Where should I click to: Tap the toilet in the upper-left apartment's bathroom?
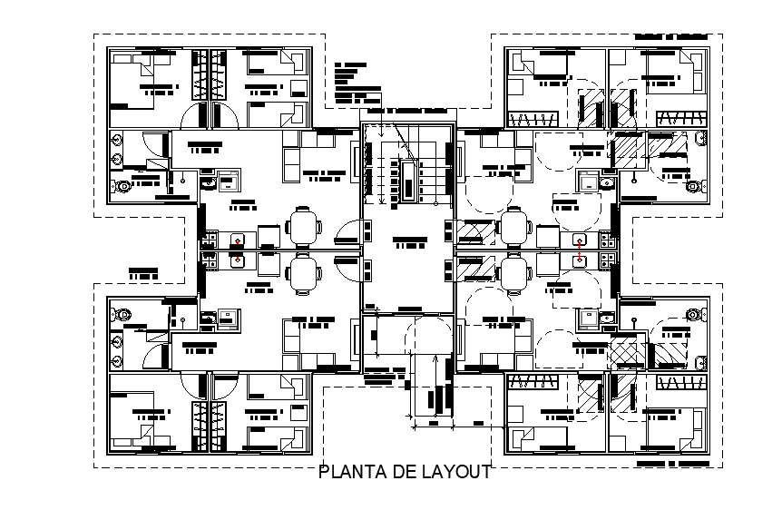pos(124,186)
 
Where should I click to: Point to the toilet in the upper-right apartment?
pos(694,186)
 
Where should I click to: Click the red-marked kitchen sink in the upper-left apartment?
pos(238,240)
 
